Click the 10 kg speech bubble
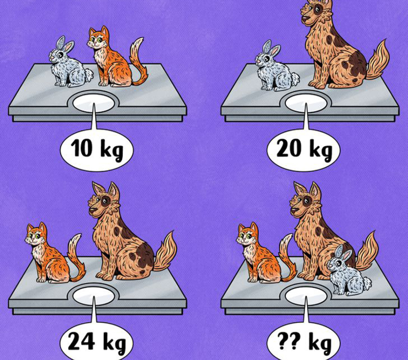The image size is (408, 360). pyautogui.click(x=96, y=150)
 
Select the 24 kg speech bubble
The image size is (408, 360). pyautogui.click(x=96, y=342)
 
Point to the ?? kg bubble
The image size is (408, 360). pyautogui.click(x=303, y=342)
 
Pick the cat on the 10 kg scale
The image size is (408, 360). pyautogui.click(x=114, y=58)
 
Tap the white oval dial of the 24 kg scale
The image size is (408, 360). pyautogui.click(x=94, y=296)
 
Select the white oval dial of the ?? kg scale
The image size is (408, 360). pyautogui.click(x=306, y=296)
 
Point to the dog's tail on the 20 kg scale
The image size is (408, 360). pyautogui.click(x=377, y=61)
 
